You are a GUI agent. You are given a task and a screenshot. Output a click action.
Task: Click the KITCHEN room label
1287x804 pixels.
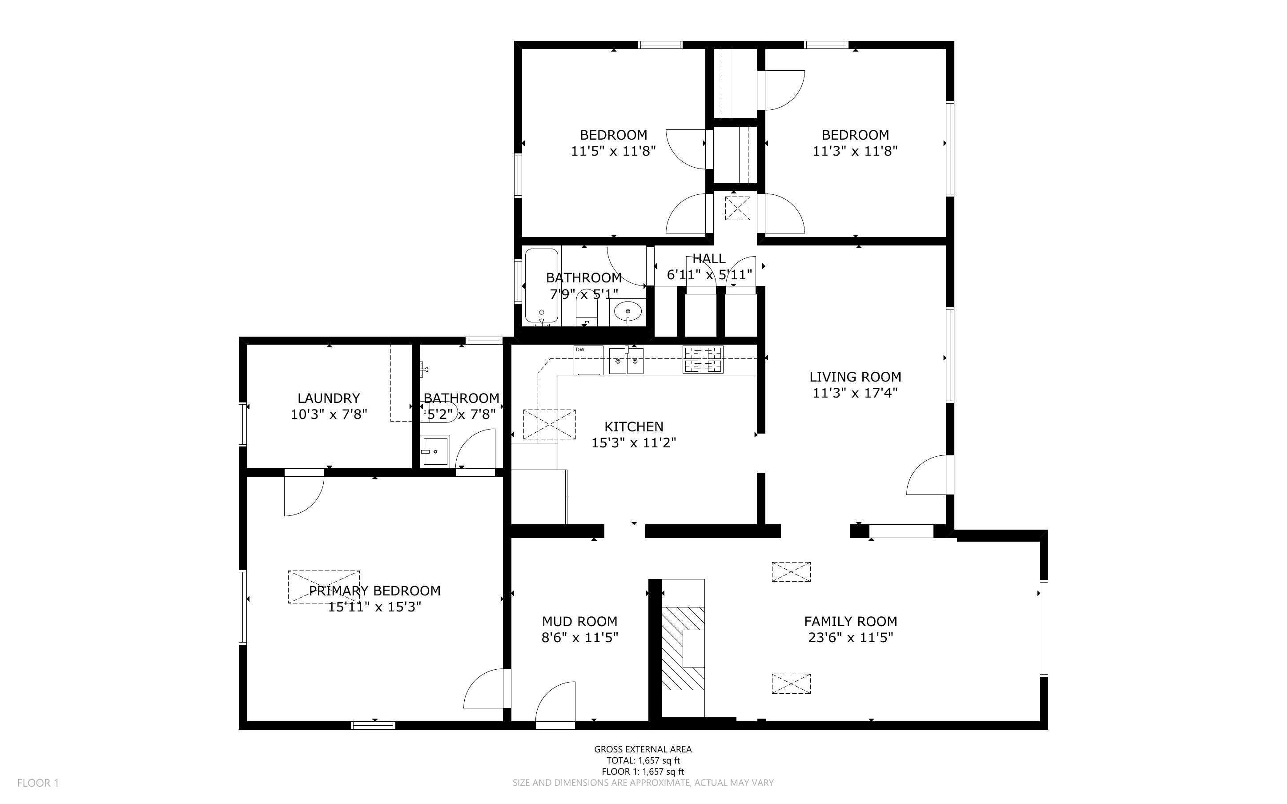tap(634, 426)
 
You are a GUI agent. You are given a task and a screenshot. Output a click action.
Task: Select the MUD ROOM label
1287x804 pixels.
tap(579, 621)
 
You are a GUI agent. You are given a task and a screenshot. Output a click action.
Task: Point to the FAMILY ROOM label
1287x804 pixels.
tap(851, 621)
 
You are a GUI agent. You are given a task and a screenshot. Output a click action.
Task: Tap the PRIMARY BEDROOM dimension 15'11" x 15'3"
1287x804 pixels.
tap(375, 607)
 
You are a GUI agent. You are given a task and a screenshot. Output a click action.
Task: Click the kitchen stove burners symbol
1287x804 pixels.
tap(703, 359)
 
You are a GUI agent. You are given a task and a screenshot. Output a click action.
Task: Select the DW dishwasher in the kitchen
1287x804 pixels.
tap(588, 359)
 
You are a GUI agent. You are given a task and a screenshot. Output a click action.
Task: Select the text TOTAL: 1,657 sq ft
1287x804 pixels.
tap(643, 760)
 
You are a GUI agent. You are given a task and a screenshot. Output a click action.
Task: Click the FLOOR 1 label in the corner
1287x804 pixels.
tap(38, 783)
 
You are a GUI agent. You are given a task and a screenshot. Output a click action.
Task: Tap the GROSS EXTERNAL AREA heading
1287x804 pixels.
tap(643, 749)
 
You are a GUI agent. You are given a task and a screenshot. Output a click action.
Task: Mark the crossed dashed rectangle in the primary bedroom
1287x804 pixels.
tap(324, 587)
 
